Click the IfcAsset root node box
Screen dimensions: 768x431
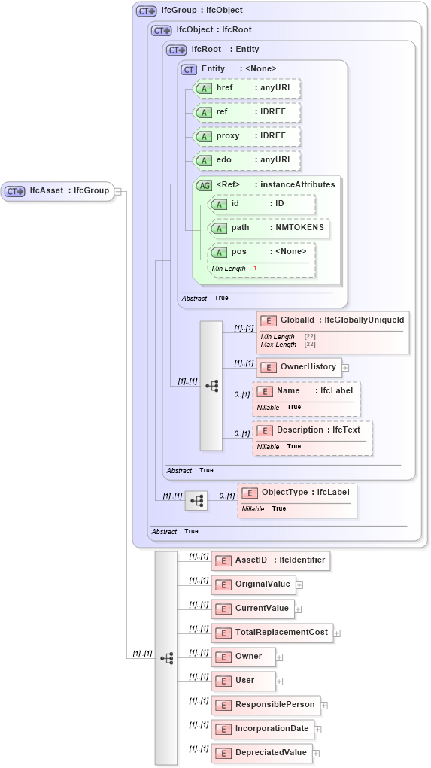[x=58, y=191]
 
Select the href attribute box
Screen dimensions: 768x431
[x=246, y=88]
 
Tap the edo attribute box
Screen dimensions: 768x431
[x=246, y=160]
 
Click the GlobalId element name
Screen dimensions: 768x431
[x=296, y=321]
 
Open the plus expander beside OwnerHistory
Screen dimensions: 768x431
[x=346, y=367]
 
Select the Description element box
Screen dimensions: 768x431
[x=312, y=430]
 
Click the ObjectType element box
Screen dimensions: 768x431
[x=297, y=493]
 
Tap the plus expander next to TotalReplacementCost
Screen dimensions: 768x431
[x=337, y=633]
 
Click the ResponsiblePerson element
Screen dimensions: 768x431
[x=266, y=705]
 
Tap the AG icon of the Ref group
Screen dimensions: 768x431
[x=204, y=185]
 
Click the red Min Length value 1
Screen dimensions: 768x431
[x=255, y=269]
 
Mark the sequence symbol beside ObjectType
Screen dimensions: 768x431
[x=196, y=500]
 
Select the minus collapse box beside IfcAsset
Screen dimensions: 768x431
[x=117, y=191]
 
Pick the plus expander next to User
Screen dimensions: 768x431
[x=279, y=681]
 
